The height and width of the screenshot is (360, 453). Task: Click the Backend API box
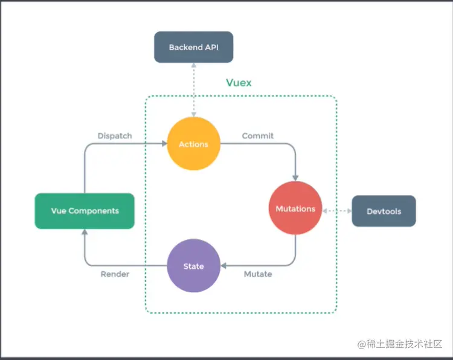(193, 47)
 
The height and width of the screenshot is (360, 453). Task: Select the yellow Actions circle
(194, 144)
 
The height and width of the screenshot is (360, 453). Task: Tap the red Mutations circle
(295, 208)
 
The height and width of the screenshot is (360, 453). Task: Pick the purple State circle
(194, 266)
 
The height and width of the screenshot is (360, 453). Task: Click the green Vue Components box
(85, 211)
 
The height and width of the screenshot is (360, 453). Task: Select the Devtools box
(384, 211)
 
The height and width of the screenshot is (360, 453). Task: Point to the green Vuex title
(239, 82)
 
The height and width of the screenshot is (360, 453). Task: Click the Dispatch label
(115, 136)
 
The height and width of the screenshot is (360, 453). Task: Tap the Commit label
(258, 136)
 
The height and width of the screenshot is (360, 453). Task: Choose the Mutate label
(258, 274)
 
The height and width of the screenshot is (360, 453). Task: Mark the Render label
(115, 274)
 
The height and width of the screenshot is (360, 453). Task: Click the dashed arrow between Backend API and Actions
(194, 91)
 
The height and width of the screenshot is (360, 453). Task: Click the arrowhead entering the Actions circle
(164, 144)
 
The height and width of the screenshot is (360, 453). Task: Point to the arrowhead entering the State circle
(225, 266)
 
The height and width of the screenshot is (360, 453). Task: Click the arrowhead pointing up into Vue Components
(85, 233)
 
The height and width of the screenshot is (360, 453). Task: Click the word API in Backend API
(210, 47)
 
